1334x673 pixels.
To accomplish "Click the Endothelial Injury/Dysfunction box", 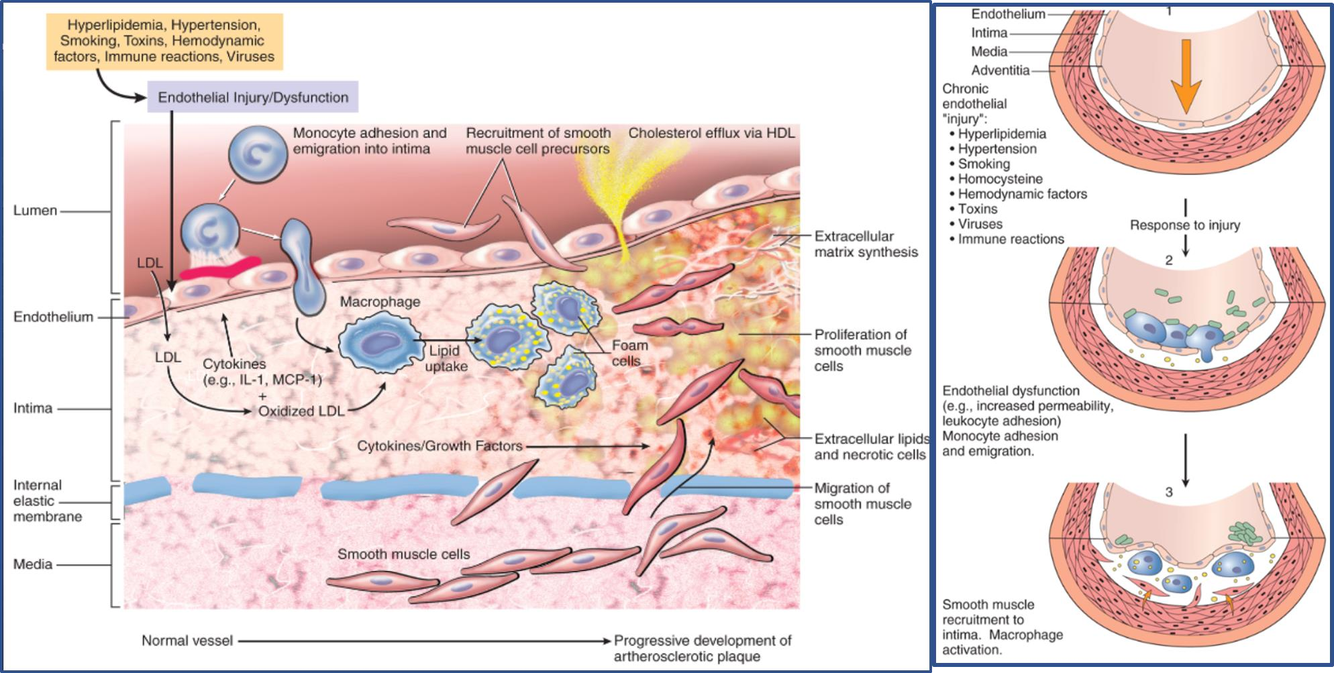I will tap(252, 97).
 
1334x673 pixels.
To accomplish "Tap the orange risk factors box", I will tap(164, 41).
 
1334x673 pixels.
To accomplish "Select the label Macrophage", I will tap(380, 302).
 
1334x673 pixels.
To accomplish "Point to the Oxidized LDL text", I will tap(301, 411).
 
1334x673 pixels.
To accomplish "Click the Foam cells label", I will tap(629, 353).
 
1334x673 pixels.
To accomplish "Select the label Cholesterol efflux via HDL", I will tap(711, 134).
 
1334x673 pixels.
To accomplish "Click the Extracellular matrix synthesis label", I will tap(866, 244).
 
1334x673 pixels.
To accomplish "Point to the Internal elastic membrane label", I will tap(47, 501).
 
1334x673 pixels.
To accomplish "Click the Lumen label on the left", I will tap(35, 211).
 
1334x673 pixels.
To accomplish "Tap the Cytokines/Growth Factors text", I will tap(440, 446).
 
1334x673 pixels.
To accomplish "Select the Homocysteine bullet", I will tap(1000, 179).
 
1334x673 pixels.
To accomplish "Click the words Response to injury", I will tap(1184, 225).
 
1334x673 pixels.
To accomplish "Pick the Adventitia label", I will tap(1000, 70).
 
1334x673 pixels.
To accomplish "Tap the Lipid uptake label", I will tap(446, 358).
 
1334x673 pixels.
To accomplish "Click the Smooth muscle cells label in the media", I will tap(403, 554).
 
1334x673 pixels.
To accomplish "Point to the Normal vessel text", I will tap(187, 641).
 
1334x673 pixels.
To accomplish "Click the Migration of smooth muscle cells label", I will tap(862, 504).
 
